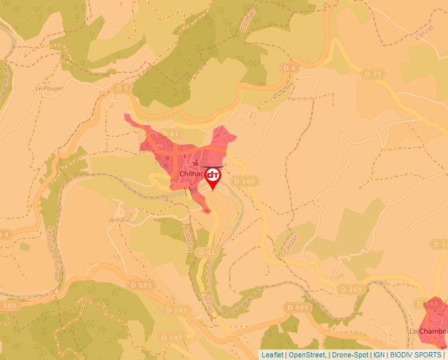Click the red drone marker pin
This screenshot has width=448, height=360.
[213, 177]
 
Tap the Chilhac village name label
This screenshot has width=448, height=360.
[193, 174]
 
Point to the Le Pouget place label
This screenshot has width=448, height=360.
[47, 88]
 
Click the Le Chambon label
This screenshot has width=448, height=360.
[428, 330]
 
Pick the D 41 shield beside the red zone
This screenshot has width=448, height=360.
[170, 134]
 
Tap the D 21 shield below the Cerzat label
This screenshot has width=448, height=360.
[373, 74]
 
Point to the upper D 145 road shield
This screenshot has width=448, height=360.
[177, 310]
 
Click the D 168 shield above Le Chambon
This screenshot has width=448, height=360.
[431, 304]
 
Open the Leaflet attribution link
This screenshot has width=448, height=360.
[272, 355]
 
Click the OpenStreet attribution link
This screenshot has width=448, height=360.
[307, 355]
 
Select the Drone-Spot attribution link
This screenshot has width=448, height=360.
[350, 355]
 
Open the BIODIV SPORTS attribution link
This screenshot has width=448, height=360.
[415, 355]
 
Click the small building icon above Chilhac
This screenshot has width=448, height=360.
[195, 163]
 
